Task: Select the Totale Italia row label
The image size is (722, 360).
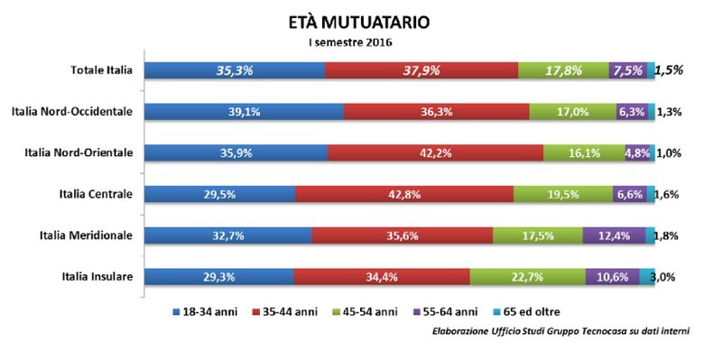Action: tap(102, 70)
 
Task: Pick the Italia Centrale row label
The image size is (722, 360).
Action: tap(94, 194)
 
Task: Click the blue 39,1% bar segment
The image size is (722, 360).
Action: tap(244, 112)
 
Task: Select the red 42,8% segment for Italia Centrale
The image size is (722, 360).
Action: tap(403, 194)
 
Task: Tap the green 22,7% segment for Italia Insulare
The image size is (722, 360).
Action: tap(527, 277)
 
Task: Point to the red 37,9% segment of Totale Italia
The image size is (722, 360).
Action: tap(421, 70)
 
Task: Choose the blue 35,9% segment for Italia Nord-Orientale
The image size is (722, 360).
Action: tap(234, 153)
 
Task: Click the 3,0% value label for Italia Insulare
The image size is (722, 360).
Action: tap(671, 277)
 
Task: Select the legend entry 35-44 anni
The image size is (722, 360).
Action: tap(302, 312)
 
